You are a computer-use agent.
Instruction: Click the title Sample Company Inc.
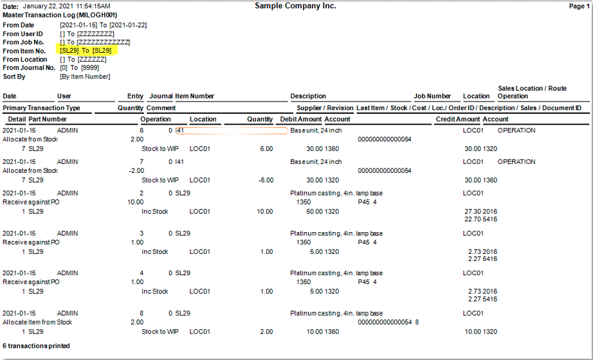295,6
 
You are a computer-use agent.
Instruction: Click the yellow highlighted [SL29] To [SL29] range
86,50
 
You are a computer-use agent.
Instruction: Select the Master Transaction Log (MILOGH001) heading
60,15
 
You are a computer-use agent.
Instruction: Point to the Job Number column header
432,96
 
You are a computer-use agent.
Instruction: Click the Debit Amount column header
301,119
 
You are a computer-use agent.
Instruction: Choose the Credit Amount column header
457,119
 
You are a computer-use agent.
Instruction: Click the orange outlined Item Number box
232,131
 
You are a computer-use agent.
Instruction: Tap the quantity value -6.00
266,181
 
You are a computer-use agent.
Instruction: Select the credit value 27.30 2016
480,212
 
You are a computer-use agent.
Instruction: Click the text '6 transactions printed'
36,346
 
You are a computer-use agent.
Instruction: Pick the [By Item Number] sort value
85,76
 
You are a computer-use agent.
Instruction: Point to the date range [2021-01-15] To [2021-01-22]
104,25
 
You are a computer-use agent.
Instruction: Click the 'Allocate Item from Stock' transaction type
37,322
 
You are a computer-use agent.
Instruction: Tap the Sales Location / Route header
532,88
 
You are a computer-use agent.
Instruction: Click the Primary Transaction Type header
41,108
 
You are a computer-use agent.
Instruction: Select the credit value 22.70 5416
480,219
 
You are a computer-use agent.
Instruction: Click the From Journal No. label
29,67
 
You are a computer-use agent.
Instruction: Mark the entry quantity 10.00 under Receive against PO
136,203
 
